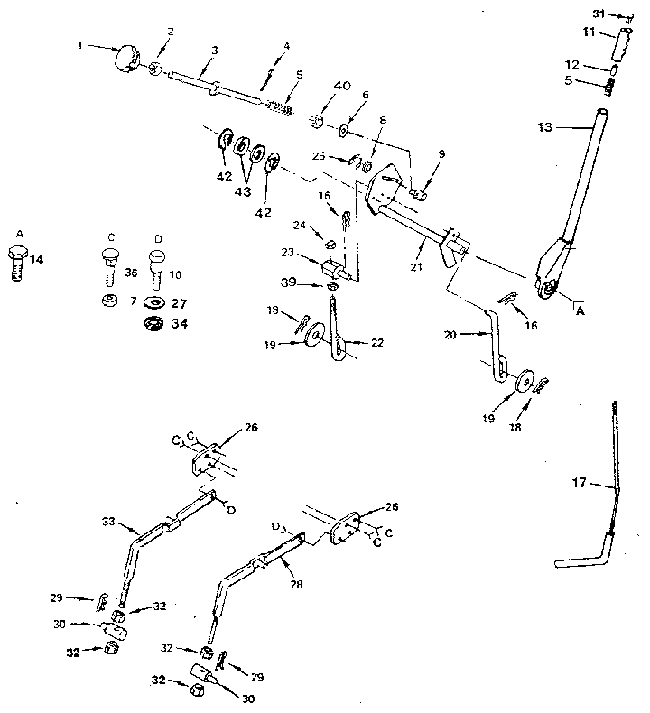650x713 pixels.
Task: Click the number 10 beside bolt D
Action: point(177,273)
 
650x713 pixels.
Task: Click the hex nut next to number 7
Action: point(108,300)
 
